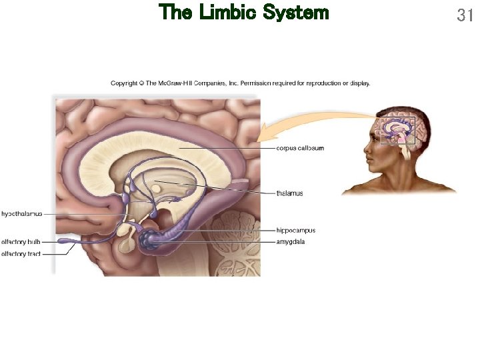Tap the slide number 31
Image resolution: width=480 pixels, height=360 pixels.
point(465,15)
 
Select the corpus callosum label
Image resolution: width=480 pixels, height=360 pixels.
point(300,148)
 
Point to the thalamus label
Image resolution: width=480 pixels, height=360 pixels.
point(289,193)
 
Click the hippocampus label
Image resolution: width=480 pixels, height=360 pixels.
point(296,231)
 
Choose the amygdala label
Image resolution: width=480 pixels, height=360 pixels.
point(291,242)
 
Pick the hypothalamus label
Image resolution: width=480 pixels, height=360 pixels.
point(22,214)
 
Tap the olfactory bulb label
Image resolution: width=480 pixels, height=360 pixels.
point(21,242)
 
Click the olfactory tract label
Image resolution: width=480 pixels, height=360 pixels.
point(21,254)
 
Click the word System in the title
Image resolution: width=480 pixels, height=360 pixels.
point(296,12)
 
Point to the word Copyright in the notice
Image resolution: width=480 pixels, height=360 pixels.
point(124,83)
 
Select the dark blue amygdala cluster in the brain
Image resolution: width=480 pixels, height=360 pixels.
point(149,239)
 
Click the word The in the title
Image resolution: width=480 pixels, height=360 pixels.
point(175,12)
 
